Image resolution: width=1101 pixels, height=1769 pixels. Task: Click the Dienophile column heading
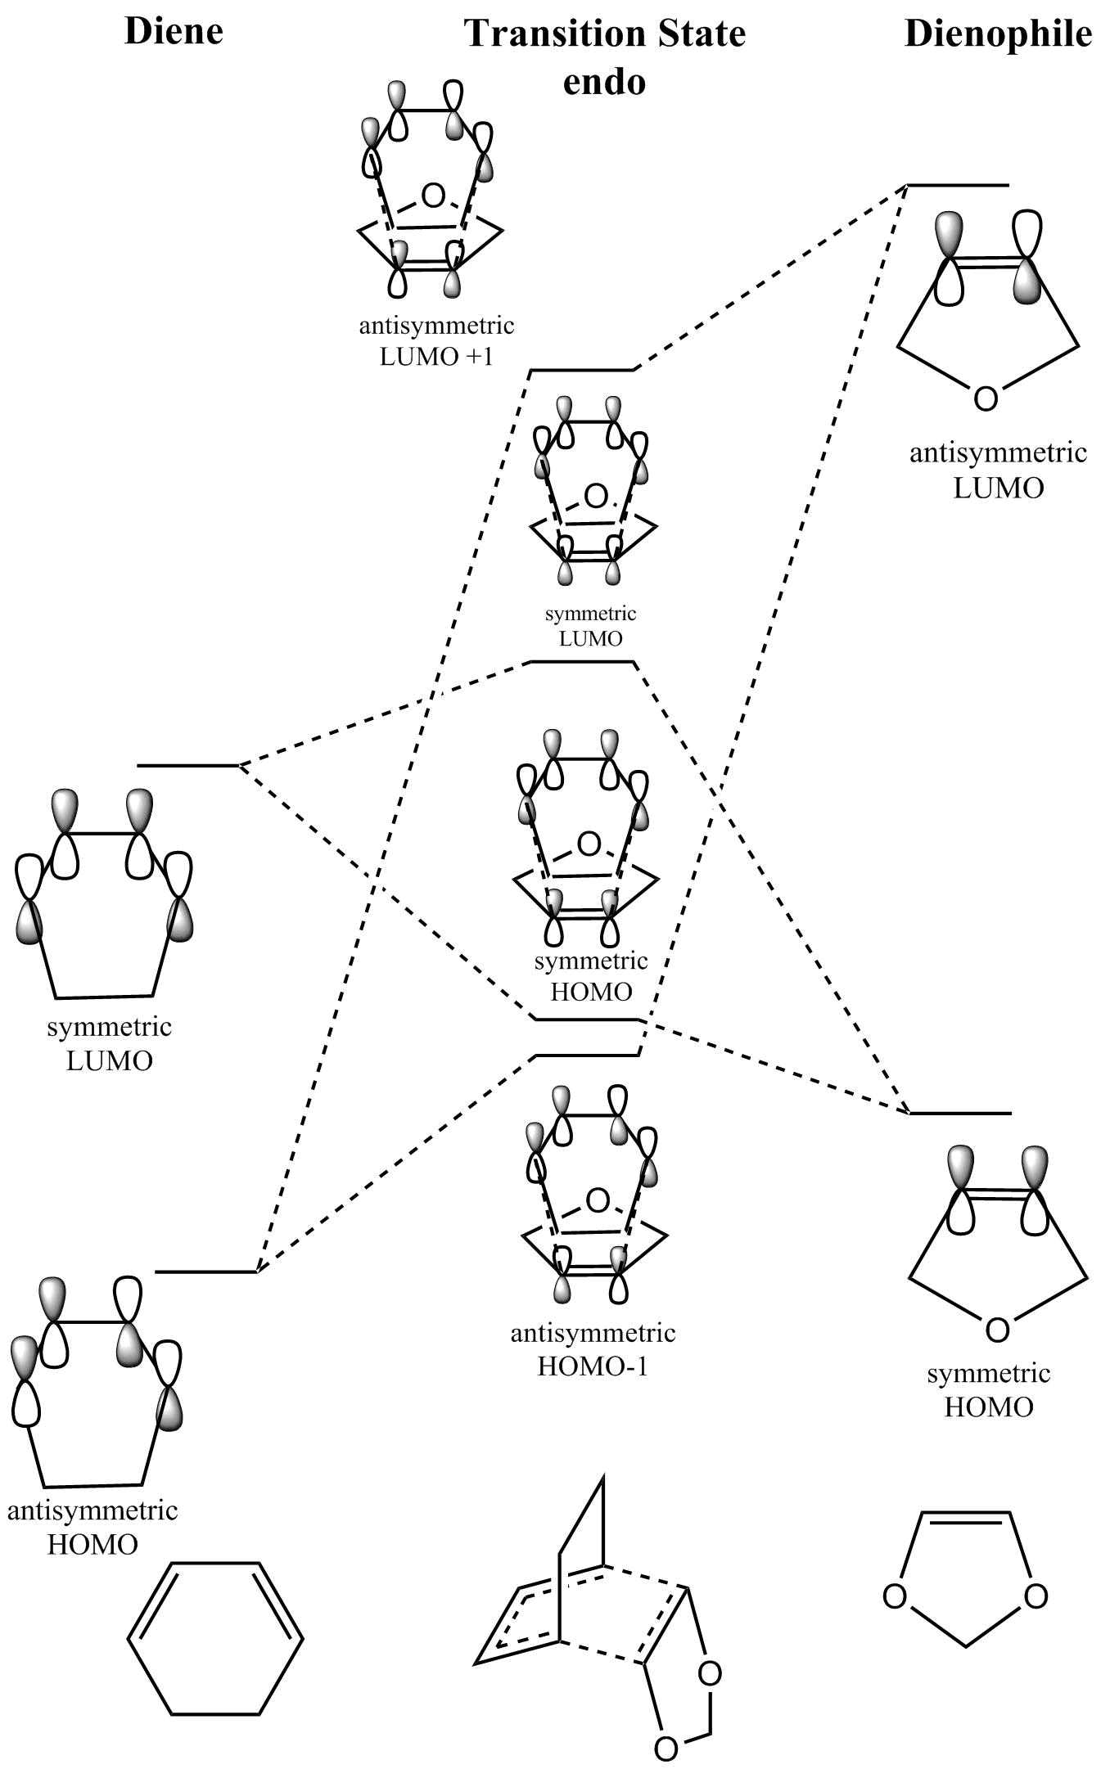point(998,34)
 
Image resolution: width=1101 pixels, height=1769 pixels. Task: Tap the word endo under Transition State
point(604,81)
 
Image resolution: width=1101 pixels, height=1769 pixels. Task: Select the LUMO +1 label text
point(436,357)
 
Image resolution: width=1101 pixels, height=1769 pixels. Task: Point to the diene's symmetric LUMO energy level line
point(188,766)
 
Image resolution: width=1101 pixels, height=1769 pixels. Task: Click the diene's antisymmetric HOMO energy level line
point(206,1272)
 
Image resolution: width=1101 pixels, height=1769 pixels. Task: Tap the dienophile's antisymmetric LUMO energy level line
point(958,186)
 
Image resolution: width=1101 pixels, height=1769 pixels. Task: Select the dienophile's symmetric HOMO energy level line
point(960,1113)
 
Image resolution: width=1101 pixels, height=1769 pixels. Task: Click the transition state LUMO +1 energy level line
point(582,371)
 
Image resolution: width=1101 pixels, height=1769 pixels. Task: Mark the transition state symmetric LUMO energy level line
point(582,661)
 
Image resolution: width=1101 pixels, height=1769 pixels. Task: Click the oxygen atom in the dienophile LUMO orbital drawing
point(986,398)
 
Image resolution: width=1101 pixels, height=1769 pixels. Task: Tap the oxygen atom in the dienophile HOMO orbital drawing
point(996,1330)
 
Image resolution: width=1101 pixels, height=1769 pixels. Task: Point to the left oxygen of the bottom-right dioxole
point(895,1596)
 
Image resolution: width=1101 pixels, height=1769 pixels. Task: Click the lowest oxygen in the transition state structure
point(666,1749)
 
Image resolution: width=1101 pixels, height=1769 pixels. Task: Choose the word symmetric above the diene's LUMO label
point(109,1027)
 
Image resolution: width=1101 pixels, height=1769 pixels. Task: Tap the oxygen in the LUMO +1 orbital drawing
point(433,196)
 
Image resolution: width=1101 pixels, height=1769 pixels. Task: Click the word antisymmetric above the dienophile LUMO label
point(998,452)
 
